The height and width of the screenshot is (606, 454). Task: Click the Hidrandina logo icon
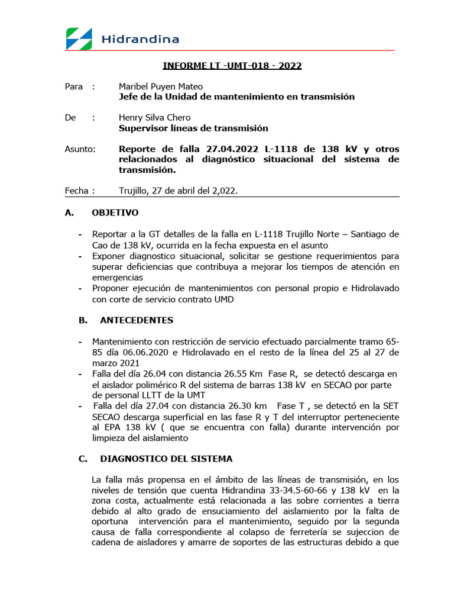point(79,39)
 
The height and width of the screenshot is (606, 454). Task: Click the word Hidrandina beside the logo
point(140,40)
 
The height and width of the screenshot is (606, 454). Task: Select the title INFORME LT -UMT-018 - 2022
point(232,66)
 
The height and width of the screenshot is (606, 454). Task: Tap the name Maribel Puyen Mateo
point(160,86)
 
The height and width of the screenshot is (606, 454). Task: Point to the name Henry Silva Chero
point(154,118)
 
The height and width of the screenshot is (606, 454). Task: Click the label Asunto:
point(80,149)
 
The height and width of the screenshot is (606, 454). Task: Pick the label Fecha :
point(79,191)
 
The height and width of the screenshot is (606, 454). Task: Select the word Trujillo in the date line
point(135,191)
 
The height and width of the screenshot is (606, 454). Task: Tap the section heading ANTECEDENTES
point(137,320)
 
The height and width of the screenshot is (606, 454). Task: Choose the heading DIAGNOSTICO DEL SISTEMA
point(166,459)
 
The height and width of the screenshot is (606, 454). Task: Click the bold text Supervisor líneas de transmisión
point(193,128)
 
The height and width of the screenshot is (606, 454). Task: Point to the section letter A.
point(68,212)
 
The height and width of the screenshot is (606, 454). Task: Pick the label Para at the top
point(73,86)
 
